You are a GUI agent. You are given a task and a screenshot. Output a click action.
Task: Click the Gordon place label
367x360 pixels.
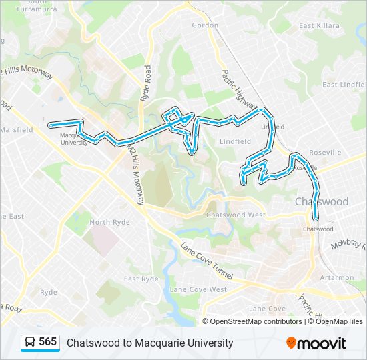click(x=205, y=25)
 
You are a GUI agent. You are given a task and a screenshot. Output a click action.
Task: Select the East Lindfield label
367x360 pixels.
click(x=344, y=85)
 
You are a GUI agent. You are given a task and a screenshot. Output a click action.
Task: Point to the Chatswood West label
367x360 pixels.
click(x=236, y=215)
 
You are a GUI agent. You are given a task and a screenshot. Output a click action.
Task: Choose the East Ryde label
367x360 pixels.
click(x=141, y=279)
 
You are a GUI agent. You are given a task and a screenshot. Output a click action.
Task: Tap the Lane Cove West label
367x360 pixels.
click(x=198, y=289)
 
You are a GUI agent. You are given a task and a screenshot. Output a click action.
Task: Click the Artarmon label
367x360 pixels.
click(x=337, y=277)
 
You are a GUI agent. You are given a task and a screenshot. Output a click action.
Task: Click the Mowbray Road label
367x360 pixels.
click(x=348, y=244)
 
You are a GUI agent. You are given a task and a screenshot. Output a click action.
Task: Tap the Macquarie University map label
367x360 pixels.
click(x=74, y=139)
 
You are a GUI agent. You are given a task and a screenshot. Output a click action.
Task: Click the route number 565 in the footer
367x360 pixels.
click(x=47, y=342)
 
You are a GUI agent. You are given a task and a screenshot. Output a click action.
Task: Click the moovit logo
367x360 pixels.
click(x=316, y=343)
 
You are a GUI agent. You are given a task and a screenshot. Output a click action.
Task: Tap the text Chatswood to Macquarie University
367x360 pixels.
click(x=149, y=343)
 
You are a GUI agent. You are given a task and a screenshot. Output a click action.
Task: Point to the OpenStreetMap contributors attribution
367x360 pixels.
click(x=256, y=321)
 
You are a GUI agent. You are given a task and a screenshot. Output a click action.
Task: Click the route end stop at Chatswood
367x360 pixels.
click(x=316, y=217)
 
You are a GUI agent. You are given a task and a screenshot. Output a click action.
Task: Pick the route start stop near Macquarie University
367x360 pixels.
click(x=50, y=125)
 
